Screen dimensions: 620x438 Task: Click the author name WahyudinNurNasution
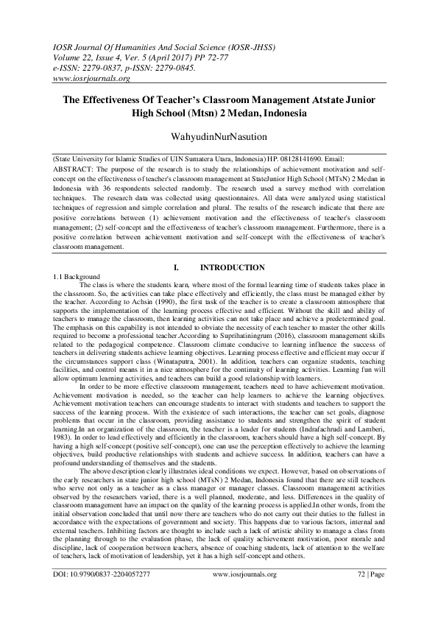[219, 137]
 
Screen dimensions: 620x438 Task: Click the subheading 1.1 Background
[68, 275]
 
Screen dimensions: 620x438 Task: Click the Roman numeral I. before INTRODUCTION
[177, 267]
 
